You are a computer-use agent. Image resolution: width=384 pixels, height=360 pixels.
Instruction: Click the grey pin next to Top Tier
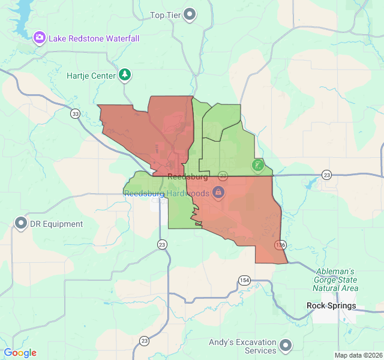coord(190,14)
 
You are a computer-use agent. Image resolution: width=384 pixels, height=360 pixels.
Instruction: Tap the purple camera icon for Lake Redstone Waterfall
coord(40,38)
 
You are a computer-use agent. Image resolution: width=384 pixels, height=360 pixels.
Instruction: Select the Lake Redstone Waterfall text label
coord(94,38)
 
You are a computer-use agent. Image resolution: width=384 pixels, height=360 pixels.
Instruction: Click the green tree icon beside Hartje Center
coord(125,75)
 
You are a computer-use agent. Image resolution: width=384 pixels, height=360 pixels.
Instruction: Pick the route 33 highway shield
coord(75,113)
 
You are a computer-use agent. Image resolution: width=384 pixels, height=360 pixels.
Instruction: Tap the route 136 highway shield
coord(280,245)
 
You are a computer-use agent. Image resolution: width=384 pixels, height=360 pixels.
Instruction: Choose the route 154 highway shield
coord(244,280)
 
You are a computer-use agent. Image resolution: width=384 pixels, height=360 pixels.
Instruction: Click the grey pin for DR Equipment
coord(21,224)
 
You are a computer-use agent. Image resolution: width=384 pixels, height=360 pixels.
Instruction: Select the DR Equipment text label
coord(58,224)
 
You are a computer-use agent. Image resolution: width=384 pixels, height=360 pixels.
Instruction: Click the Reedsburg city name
coord(187,178)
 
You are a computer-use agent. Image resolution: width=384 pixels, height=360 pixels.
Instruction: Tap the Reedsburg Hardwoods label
coord(166,193)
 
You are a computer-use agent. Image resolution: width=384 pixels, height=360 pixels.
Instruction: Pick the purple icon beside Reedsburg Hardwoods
coord(218,193)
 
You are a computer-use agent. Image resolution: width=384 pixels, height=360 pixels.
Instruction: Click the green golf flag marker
coord(258,165)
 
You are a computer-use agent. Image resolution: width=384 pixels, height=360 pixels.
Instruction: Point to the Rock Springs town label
coord(331,306)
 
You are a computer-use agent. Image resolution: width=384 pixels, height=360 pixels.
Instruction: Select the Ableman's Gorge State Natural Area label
coord(336,280)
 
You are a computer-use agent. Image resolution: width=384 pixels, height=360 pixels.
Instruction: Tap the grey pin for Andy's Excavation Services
coord(286,346)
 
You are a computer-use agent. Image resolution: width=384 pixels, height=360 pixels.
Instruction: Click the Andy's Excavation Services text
coord(242,346)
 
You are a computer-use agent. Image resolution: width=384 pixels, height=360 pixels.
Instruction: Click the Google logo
coord(20,353)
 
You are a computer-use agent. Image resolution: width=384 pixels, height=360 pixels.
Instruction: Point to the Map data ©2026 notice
coord(358,355)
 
